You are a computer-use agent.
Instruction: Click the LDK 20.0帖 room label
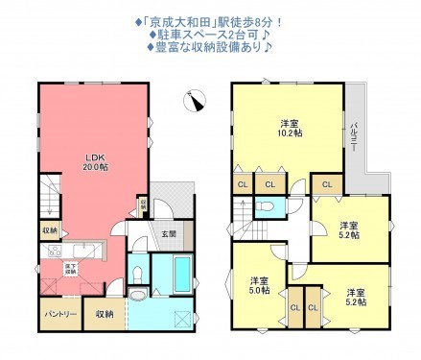point(93,161)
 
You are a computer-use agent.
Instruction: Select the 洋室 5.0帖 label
point(258,286)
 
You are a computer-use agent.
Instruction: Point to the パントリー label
point(59,313)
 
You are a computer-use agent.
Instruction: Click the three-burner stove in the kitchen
point(49,252)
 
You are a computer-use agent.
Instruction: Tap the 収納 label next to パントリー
point(105,313)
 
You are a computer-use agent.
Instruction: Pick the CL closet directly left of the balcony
point(327,184)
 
